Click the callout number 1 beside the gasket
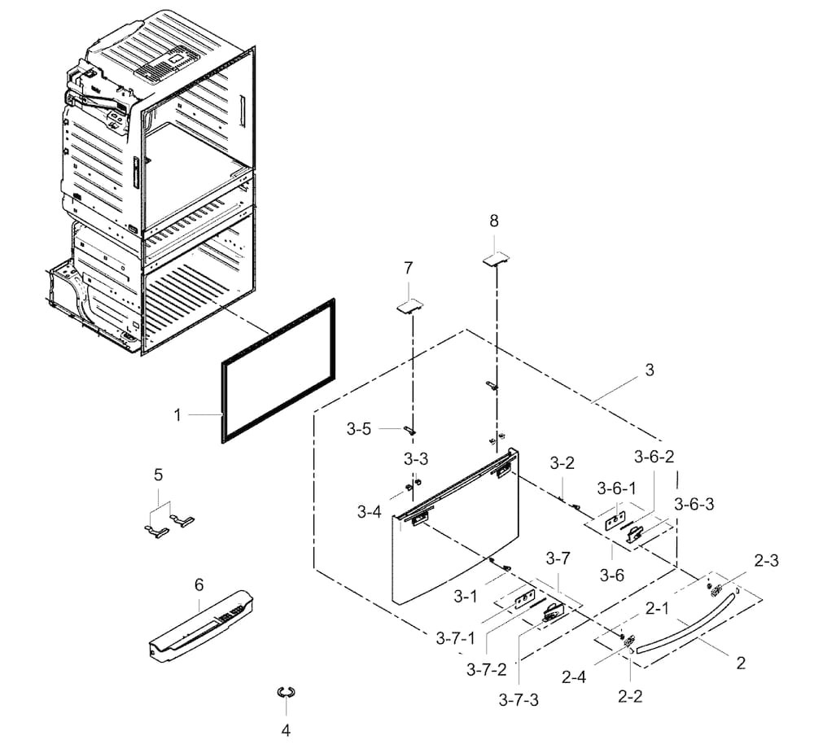click(177, 415)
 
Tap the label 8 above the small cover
click(494, 221)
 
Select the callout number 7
click(408, 267)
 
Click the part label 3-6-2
click(654, 456)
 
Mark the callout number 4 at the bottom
click(285, 730)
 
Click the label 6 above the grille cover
click(199, 585)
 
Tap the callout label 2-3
click(767, 561)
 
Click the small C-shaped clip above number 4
click(286, 692)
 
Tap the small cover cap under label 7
click(410, 304)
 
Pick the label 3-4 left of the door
click(368, 512)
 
